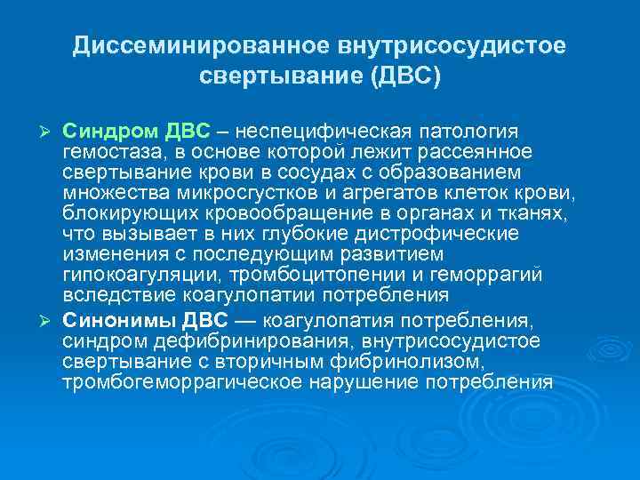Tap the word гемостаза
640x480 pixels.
(108, 152)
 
